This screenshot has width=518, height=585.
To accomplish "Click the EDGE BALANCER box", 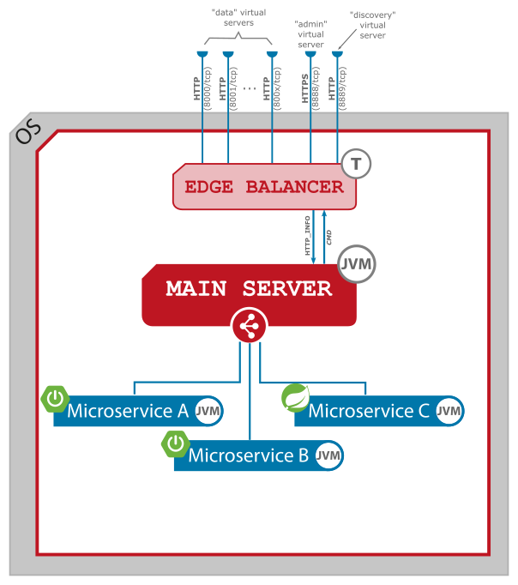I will tap(264, 186).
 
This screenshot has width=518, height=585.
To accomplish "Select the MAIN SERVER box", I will tap(249, 289).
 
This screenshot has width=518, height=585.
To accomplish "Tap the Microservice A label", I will tap(127, 411).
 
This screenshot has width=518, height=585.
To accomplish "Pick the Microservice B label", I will tap(248, 455).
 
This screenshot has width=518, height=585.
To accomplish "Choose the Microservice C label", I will tap(368, 411).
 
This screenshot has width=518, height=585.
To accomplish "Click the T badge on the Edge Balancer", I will tap(356, 164).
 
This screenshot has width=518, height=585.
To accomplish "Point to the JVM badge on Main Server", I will tap(356, 264).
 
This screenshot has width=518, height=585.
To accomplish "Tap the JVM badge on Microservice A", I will tap(208, 412).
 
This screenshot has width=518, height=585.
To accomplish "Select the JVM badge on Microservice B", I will tap(328, 456).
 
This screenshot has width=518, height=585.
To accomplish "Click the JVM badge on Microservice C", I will tap(449, 412).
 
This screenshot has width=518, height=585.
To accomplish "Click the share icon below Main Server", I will tap(250, 326).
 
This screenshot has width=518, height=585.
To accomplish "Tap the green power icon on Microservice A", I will tap(55, 399).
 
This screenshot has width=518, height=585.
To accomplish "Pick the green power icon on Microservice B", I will tap(175, 443).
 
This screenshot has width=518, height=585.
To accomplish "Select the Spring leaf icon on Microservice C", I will tap(296, 399).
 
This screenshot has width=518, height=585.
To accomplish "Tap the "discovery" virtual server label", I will tap(373, 25).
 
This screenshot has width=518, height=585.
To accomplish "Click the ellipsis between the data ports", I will tap(250, 87).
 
